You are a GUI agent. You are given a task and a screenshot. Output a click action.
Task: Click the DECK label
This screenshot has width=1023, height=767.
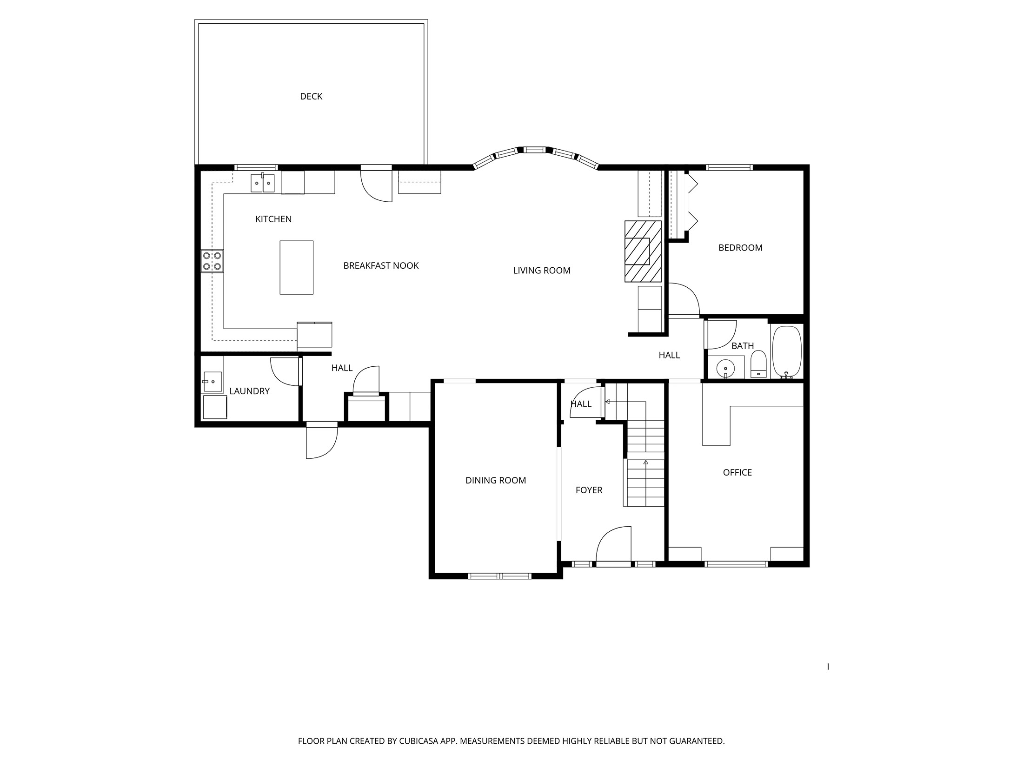click(x=311, y=96)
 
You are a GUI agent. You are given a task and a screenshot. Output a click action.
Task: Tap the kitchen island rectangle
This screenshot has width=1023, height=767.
click(x=296, y=267)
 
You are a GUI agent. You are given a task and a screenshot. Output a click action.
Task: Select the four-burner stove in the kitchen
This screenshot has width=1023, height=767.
click(x=212, y=261)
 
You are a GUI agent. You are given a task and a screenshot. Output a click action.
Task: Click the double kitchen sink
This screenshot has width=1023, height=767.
click(x=263, y=183)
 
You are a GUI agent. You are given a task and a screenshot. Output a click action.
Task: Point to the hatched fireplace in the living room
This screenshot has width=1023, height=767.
click(x=643, y=251)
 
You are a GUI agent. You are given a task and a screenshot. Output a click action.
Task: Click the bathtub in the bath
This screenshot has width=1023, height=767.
click(x=786, y=352)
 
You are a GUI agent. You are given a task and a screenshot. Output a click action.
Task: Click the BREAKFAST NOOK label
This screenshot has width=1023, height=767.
click(x=381, y=265)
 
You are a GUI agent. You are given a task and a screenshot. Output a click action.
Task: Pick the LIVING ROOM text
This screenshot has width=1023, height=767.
click(x=541, y=271)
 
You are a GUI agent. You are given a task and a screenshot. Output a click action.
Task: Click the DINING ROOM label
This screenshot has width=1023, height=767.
click(x=496, y=481)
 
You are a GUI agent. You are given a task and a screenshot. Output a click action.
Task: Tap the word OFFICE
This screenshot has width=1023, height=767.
click(x=737, y=472)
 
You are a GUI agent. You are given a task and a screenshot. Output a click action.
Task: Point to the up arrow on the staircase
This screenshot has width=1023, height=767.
click(x=645, y=463)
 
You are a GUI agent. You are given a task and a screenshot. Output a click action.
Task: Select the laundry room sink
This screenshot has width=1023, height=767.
click(x=213, y=382)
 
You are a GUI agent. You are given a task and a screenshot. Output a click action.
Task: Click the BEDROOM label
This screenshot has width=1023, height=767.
click(x=740, y=248)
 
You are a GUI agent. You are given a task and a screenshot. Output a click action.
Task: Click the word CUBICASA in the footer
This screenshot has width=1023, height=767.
click(x=418, y=741)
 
